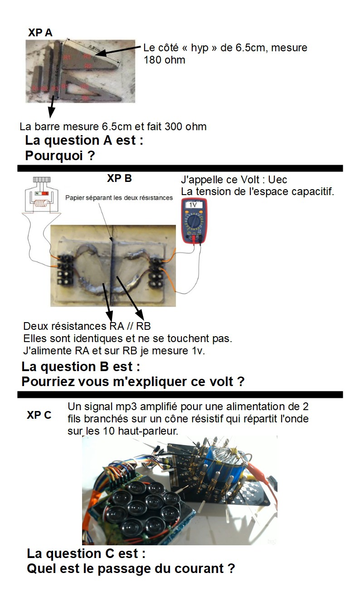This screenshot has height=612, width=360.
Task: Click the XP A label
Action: coord(40,33)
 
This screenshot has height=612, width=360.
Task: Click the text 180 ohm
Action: coord(164,60)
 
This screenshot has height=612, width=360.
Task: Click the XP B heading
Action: coord(119,178)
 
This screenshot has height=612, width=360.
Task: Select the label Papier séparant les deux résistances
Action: coord(119,198)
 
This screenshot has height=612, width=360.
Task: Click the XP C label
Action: coord(39,415)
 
